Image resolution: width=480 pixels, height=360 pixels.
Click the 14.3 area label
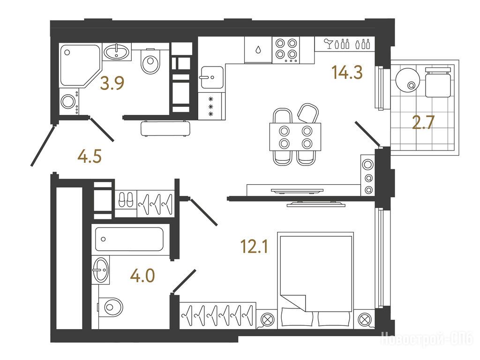[347, 73]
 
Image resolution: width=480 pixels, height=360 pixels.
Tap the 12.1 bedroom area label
[255, 247]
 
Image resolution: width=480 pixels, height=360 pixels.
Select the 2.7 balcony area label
[424, 123]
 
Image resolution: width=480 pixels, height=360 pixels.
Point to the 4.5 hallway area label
[90, 157]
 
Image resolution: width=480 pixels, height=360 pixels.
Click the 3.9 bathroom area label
[112, 83]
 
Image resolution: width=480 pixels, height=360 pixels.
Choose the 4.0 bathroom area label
[142, 276]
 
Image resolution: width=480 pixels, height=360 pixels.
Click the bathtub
[129, 239]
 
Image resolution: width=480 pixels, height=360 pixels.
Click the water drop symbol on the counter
[258, 49]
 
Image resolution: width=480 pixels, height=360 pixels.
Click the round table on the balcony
[407, 79]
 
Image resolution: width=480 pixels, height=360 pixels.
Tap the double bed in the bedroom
[315, 280]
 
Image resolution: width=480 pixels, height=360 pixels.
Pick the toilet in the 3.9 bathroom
[150, 61]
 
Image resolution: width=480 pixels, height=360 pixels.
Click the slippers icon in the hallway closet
[126, 200]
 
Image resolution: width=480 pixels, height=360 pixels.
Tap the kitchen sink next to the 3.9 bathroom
[211, 77]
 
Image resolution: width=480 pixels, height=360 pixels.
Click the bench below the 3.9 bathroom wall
[166, 128]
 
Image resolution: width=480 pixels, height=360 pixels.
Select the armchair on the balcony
[438, 82]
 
